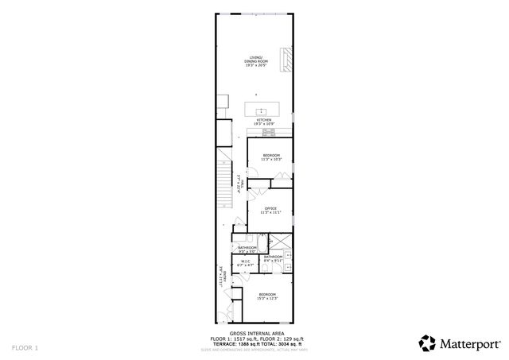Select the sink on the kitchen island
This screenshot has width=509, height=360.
click(259, 110)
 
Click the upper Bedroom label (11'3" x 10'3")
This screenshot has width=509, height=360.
click(271, 157)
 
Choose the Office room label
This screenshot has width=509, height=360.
click(270, 211)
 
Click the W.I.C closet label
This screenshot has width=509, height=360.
click(247, 263)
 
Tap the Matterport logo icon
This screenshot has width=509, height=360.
click(427, 343)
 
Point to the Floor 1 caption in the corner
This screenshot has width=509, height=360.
click(25, 347)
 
